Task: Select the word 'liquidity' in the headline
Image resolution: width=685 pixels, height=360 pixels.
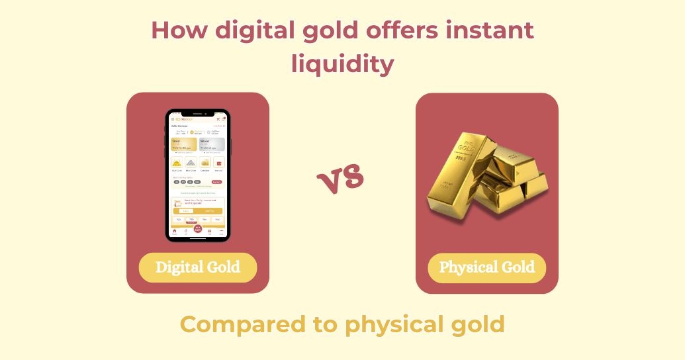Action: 342,64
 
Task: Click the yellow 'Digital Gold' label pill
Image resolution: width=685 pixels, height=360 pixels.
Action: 197,268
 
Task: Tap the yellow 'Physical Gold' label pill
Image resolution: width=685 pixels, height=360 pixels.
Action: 486,268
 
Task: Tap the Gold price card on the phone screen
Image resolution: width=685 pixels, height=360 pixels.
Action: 183,145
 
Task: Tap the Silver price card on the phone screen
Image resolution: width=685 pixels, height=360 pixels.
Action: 211,145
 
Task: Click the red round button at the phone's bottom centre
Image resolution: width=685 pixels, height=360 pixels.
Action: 197,229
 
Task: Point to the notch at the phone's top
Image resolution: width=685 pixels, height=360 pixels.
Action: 197,113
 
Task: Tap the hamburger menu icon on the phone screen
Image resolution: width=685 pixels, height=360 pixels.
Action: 173,119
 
